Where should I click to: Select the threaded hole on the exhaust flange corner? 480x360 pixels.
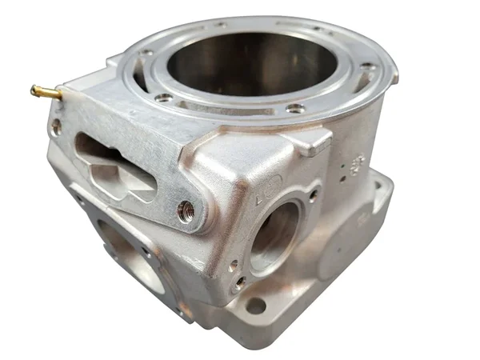tap(186, 210)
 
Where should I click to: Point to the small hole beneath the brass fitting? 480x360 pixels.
tap(55, 126)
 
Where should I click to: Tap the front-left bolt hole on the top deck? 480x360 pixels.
tap(164, 97)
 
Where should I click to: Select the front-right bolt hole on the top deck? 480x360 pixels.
tap(295, 107)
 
